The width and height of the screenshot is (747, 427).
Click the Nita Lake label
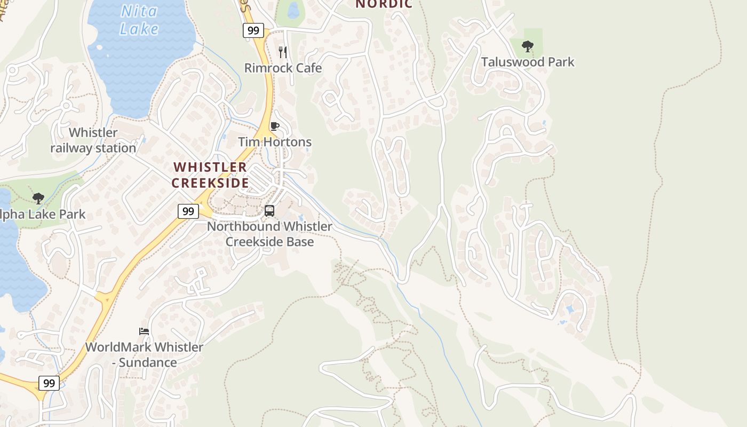pos(139,19)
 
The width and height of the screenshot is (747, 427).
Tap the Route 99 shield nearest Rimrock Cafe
pos(253,30)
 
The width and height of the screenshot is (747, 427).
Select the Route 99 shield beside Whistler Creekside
pos(188,211)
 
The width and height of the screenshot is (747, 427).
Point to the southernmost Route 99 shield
pos(49,383)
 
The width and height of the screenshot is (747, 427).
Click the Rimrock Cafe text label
pos(283,68)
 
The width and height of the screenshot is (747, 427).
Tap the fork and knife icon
pos(283,52)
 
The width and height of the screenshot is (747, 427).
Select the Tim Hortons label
pos(275,142)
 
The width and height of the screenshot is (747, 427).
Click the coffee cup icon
pos(275,126)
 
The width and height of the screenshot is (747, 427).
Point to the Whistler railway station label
pos(93,140)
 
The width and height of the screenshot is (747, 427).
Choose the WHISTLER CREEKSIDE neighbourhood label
pos(210,175)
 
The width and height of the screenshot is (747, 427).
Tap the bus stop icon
pos(269,211)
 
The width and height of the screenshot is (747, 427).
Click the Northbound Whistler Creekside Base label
pos(269,234)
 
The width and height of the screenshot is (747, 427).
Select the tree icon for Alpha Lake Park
pos(38,199)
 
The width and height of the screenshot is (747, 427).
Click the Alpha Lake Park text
pos(43,215)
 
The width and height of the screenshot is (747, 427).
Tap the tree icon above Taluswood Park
pos(528,46)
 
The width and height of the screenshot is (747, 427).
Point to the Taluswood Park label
pos(528,62)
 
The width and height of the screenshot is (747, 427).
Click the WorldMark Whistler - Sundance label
pos(144,354)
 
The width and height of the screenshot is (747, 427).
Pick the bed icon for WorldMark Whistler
pos(144,331)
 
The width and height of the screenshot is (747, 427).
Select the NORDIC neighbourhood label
pos(384,4)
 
